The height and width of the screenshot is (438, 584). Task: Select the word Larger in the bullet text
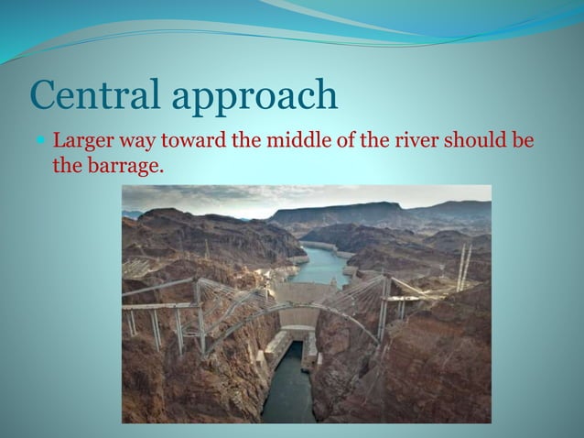81,143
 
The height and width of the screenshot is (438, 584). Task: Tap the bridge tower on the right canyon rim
384,307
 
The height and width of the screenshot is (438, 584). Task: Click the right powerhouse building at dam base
310,348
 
